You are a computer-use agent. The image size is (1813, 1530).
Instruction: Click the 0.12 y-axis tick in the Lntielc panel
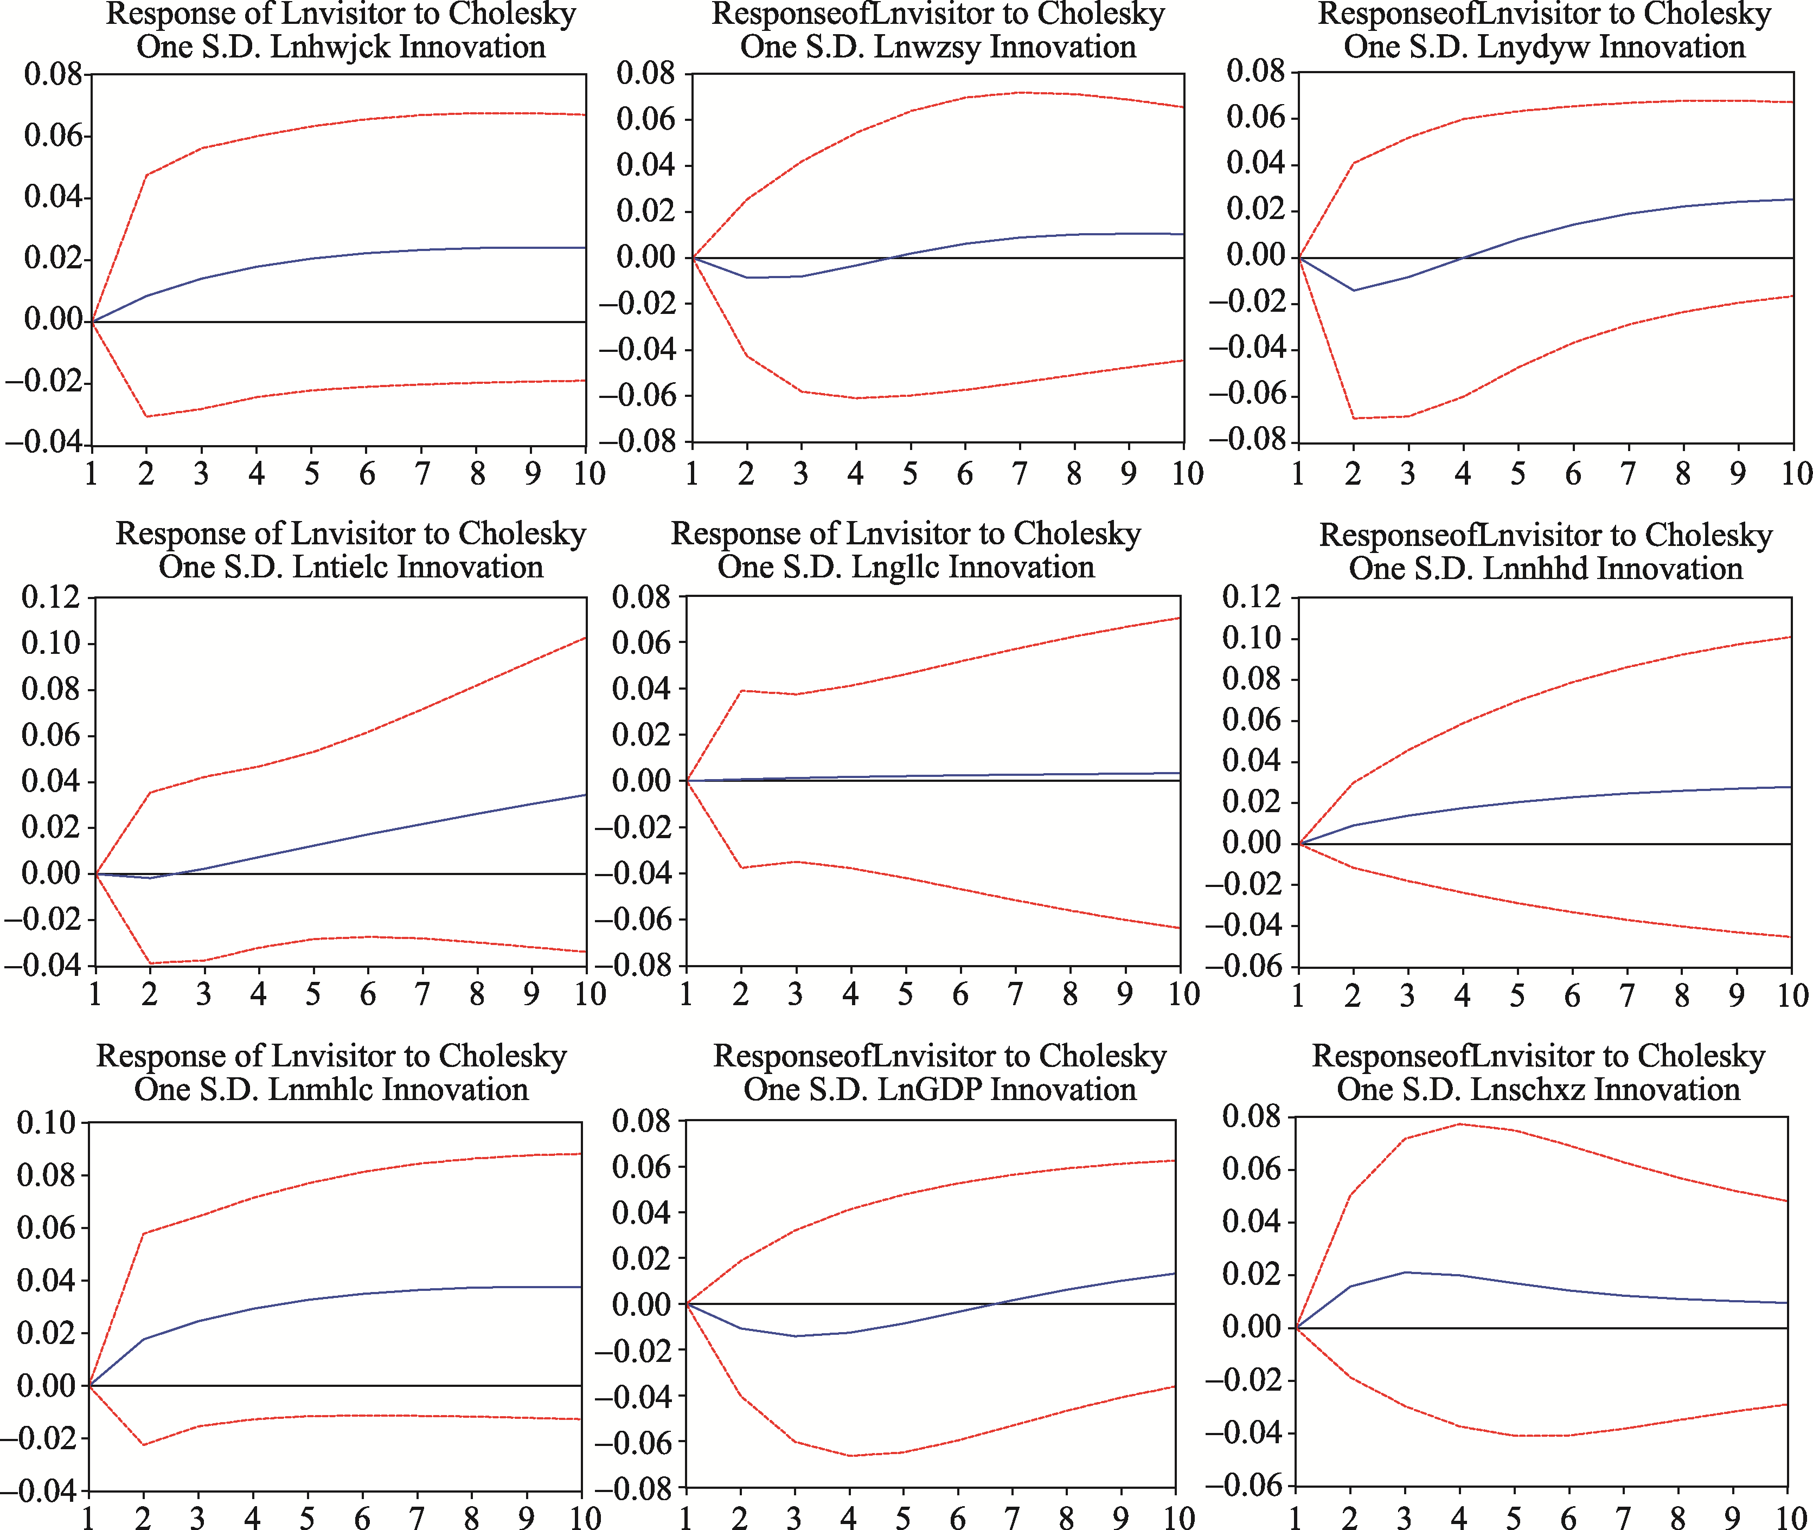[x=50, y=597]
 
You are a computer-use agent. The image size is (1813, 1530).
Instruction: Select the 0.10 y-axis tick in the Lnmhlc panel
[x=46, y=1123]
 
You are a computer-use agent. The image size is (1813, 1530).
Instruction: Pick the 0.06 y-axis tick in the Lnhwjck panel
[x=53, y=136]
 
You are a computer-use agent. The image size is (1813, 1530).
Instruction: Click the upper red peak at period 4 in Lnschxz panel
[x=1460, y=1124]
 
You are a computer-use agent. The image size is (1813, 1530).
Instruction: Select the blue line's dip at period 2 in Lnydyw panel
[x=1353, y=291]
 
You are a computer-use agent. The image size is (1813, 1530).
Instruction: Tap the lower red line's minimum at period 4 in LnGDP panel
[x=850, y=1455]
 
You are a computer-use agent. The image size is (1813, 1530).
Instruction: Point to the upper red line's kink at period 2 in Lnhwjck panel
[x=146, y=175]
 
